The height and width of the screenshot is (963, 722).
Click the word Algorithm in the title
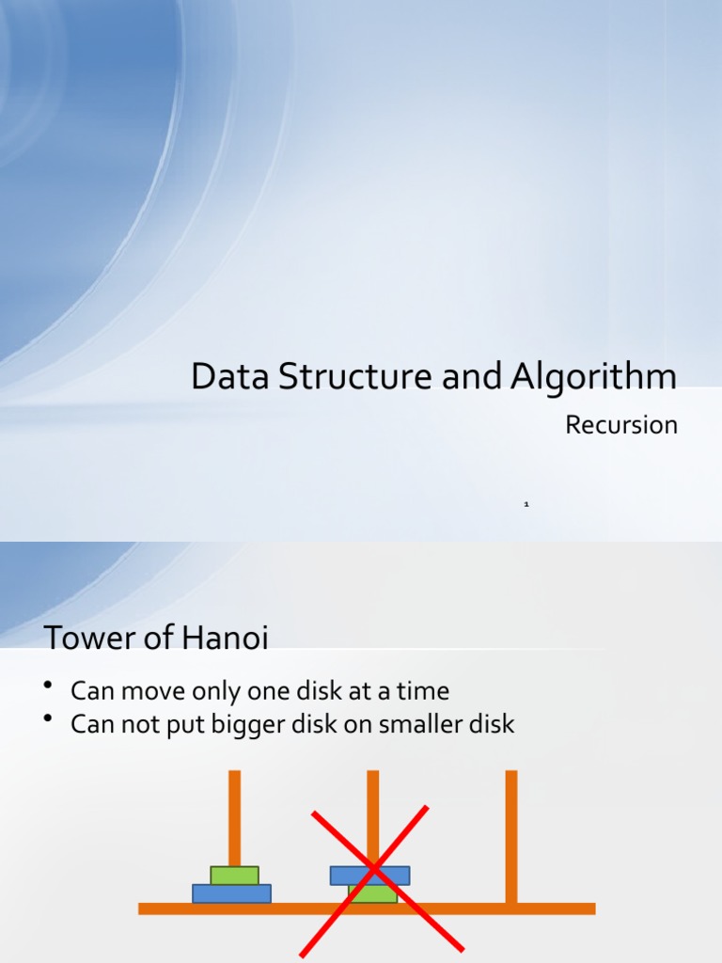click(594, 377)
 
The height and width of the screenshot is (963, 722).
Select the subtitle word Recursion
click(621, 425)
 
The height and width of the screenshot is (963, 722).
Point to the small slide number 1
click(526, 505)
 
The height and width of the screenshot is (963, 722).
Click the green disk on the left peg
click(234, 876)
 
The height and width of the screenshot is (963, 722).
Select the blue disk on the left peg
click(231, 893)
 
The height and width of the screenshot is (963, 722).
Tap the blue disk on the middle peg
click(369, 876)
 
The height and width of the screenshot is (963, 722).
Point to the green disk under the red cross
click(372, 893)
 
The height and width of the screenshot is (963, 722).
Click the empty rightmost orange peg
click(511, 828)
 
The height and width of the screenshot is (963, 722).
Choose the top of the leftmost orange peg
click(234, 776)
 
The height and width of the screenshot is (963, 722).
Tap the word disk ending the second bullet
click(491, 725)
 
